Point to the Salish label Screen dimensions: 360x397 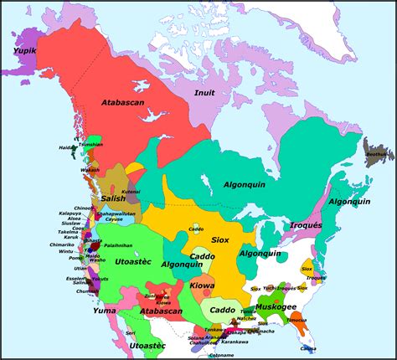113,198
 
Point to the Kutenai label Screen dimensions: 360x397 131,193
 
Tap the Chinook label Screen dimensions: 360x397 84,207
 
